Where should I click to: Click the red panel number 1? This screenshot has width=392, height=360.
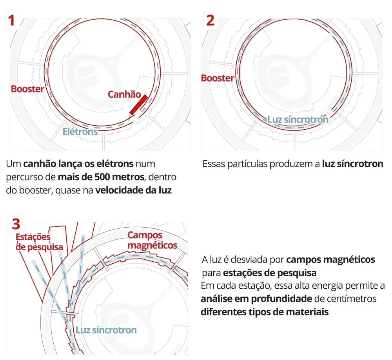11,20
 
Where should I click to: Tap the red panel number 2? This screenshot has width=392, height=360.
210,20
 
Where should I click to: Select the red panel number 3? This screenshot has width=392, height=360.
16,224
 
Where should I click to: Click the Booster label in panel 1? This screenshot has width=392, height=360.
27,89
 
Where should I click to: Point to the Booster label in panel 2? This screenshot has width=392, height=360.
218,78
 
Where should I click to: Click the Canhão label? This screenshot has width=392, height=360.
125,94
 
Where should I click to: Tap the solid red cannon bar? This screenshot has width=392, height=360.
139,105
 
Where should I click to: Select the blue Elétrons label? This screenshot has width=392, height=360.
80,131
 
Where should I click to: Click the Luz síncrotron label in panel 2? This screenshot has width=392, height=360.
298,119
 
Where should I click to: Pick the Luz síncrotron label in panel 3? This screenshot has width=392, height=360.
106,330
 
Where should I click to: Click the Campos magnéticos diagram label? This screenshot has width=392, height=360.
152,240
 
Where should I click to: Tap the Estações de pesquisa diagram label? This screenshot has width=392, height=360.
39,242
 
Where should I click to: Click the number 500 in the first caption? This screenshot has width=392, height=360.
102,177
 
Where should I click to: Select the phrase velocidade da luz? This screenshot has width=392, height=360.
134,190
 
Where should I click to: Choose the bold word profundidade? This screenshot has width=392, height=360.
281,299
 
